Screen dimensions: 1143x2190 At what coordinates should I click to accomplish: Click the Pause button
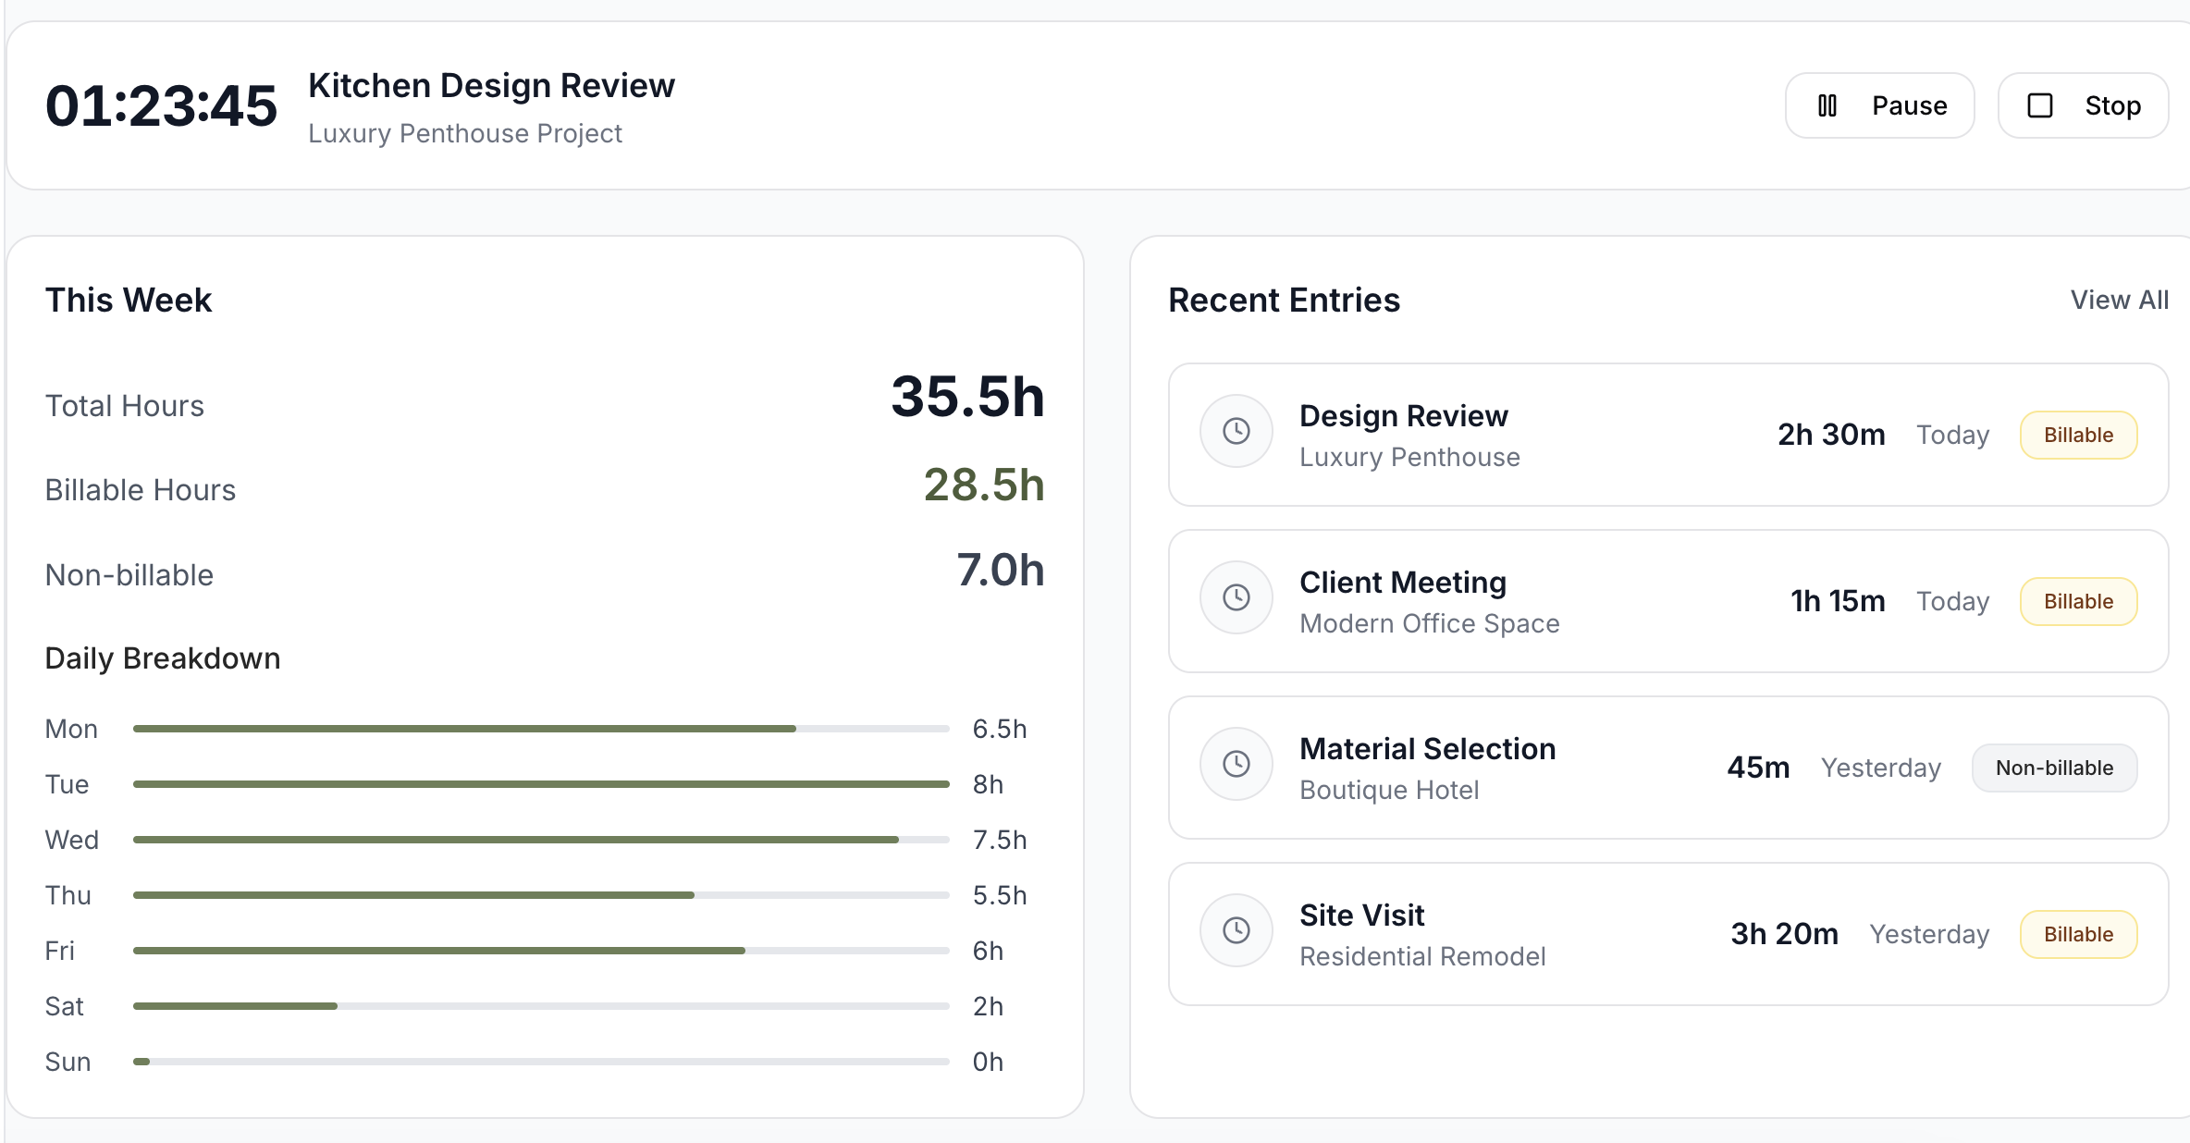(x=1879, y=105)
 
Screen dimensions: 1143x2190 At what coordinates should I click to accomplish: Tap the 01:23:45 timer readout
(x=161, y=105)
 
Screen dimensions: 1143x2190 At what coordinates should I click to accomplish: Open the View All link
(x=2119, y=300)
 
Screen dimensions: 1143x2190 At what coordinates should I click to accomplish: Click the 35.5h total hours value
(x=966, y=397)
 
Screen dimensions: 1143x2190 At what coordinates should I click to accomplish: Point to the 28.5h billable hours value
(x=983, y=485)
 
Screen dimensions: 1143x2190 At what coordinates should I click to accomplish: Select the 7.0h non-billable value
(x=1000, y=570)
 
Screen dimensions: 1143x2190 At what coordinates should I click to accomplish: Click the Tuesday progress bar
(x=541, y=784)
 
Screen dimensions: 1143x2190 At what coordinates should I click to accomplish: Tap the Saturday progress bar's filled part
(x=235, y=1006)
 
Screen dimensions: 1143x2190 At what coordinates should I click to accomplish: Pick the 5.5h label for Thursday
(x=999, y=895)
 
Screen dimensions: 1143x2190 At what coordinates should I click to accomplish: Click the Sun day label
(x=68, y=1062)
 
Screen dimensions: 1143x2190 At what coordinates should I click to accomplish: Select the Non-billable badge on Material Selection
(x=2054, y=768)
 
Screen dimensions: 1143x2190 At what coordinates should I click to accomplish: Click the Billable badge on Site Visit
(x=2078, y=934)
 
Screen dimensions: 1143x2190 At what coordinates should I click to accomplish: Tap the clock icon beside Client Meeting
(x=1236, y=597)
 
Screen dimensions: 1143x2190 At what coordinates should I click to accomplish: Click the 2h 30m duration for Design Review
(x=1830, y=435)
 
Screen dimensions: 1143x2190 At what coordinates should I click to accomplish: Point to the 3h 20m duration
(x=1784, y=934)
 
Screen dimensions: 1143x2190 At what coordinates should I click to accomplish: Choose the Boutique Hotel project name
(x=1389, y=790)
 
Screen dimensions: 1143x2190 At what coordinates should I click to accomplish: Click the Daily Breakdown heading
(x=163, y=658)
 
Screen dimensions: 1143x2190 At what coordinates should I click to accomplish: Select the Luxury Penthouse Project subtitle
(x=464, y=133)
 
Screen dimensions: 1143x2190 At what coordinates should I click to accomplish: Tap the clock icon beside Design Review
(x=1236, y=431)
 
